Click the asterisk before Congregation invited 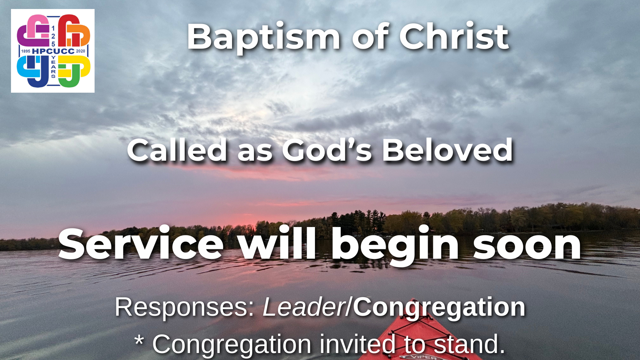(139, 341)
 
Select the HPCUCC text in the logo (53, 51)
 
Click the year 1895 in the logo (26, 51)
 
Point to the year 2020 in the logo (81, 51)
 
